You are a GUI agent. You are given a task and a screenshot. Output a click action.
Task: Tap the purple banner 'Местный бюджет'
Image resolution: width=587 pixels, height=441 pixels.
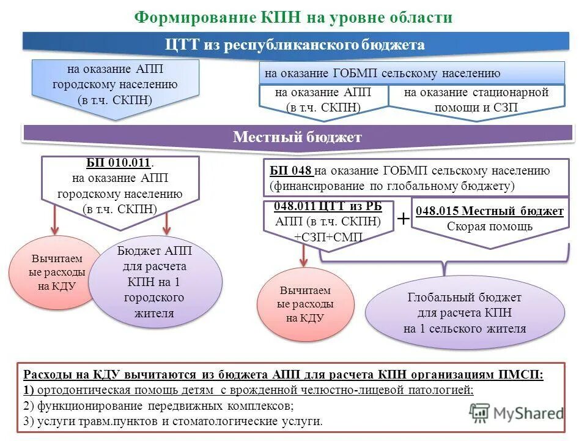click(297, 137)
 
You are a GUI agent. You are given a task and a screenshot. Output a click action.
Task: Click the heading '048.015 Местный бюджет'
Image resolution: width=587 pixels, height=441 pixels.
click(490, 211)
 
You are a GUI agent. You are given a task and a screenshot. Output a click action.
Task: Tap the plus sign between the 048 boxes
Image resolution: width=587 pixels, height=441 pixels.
click(404, 218)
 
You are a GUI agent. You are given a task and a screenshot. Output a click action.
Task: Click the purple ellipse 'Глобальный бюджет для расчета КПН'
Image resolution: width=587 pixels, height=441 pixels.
click(464, 313)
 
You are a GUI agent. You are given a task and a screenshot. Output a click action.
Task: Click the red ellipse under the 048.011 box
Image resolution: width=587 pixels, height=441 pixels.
click(305, 304)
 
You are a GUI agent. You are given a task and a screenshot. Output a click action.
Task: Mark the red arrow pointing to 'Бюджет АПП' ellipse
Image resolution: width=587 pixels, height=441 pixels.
click(166, 221)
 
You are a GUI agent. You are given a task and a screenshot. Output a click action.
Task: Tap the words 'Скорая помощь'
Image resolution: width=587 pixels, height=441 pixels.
click(489, 226)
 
